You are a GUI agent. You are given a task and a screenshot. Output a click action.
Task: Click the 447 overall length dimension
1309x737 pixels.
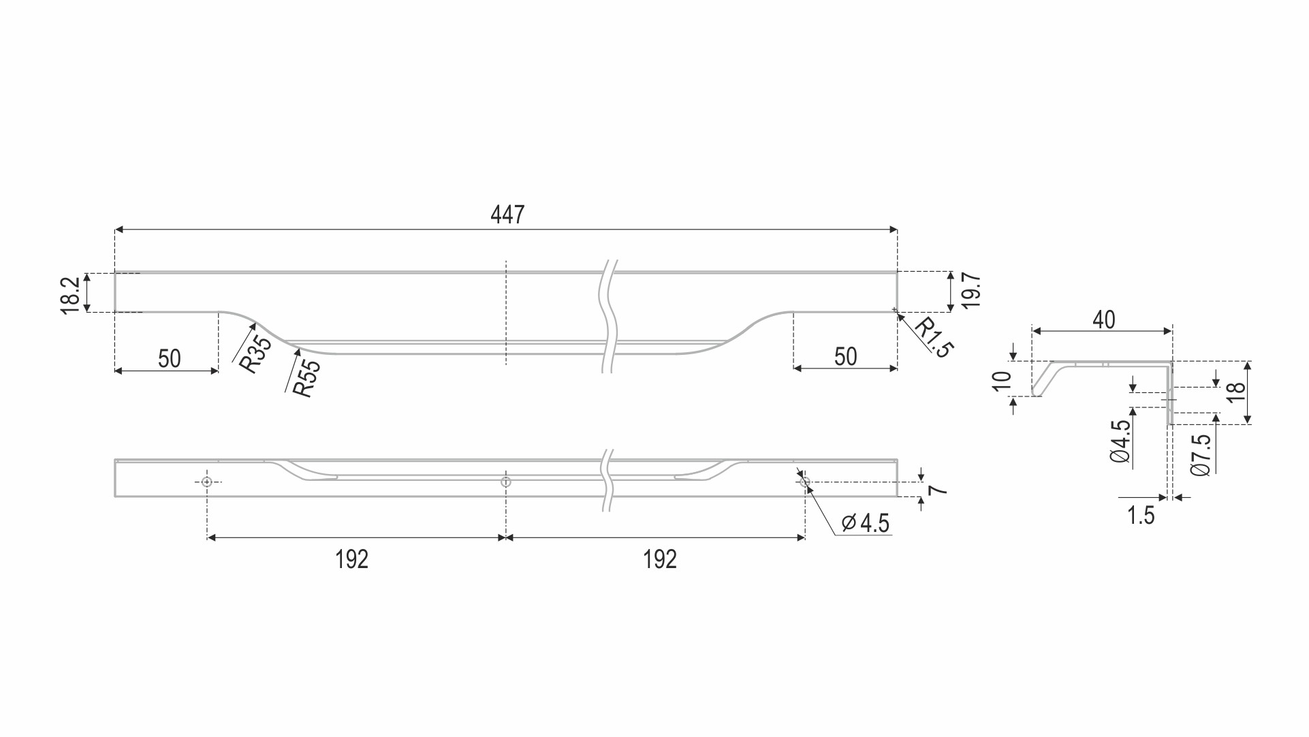click(507, 215)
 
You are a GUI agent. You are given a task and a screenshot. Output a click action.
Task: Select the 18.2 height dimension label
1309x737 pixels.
click(72, 295)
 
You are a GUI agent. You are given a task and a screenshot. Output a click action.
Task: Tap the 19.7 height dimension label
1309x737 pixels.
click(972, 291)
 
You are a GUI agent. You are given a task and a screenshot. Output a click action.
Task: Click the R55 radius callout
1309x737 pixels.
click(306, 378)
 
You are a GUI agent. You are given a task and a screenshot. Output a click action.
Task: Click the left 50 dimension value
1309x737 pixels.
click(169, 358)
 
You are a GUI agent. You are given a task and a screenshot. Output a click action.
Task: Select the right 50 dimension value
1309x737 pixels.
click(845, 356)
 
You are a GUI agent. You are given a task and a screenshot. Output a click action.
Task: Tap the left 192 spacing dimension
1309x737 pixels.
click(351, 559)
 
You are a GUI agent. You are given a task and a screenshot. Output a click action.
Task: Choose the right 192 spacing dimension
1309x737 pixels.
click(659, 559)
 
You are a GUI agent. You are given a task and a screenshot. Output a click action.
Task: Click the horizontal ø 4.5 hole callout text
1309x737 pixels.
click(866, 523)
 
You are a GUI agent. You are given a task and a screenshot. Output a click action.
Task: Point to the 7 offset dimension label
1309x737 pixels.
click(939, 489)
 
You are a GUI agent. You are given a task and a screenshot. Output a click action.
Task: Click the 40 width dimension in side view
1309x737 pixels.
click(1103, 319)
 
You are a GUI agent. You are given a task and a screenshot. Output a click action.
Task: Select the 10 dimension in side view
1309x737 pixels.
click(1002, 381)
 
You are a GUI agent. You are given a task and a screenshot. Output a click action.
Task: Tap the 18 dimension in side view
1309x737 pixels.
click(1235, 391)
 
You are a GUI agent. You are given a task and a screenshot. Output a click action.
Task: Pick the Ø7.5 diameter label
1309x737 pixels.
click(1201, 454)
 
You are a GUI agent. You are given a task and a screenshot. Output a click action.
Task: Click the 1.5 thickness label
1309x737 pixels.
click(1141, 516)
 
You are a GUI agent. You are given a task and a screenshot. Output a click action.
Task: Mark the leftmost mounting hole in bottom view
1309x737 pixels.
click(207, 482)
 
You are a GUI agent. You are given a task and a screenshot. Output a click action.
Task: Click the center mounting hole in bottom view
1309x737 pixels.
click(505, 482)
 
